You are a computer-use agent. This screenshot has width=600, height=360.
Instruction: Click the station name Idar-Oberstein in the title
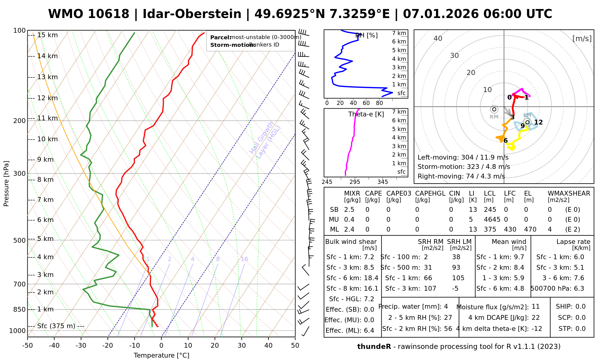click(192, 14)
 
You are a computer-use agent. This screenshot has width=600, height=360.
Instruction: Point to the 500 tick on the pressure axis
click(19, 240)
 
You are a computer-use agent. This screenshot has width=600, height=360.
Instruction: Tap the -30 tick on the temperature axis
click(81, 346)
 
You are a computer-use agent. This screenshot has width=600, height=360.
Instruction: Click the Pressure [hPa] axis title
click(6, 184)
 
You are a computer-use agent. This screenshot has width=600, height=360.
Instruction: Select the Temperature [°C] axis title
click(161, 355)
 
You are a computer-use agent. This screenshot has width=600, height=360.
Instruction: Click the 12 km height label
click(47, 98)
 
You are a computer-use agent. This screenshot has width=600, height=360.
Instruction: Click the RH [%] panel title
click(366, 35)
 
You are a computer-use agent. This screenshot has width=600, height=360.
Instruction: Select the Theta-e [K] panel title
click(366, 114)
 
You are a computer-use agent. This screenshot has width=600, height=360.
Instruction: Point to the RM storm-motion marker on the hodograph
click(494, 109)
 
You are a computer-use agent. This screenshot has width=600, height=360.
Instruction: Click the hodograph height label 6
click(505, 141)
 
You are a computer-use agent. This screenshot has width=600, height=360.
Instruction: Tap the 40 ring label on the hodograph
click(438, 38)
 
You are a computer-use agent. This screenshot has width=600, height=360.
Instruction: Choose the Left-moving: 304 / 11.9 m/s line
click(463, 157)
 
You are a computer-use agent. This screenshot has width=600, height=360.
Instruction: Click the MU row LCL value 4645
click(492, 220)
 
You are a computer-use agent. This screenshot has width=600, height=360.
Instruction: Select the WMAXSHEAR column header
click(569, 193)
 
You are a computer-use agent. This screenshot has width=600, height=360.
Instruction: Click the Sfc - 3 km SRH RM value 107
click(430, 289)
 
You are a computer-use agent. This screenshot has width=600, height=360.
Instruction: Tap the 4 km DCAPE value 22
click(535, 318)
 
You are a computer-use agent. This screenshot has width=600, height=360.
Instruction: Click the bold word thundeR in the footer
click(374, 347)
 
